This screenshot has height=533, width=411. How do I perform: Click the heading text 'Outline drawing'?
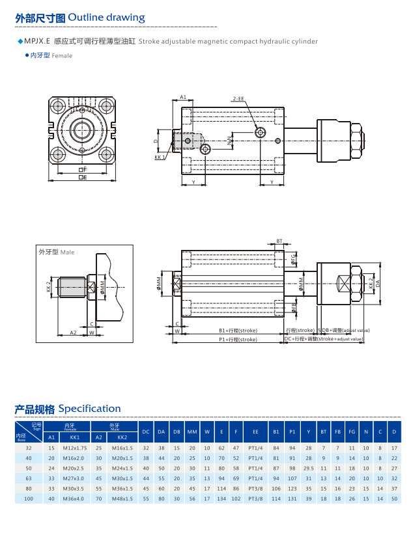(x=106, y=18)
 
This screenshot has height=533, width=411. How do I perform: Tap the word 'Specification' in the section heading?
(x=89, y=409)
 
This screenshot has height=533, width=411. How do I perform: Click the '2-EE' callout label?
(x=237, y=98)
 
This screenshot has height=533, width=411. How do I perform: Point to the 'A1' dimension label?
(x=183, y=97)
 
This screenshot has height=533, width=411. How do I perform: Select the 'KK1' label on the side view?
(x=159, y=157)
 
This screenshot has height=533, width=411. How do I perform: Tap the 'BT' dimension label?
(x=279, y=241)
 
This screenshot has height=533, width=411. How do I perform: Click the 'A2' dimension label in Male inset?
(x=74, y=332)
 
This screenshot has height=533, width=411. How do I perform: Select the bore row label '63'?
(x=28, y=478)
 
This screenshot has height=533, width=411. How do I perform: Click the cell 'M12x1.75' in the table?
(x=75, y=448)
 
